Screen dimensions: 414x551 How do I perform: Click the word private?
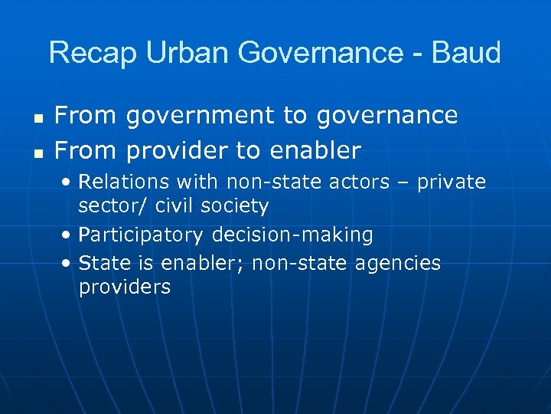pos(452,182)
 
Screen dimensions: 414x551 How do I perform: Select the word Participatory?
pos(141,235)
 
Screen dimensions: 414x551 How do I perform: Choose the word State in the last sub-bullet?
pos(103,264)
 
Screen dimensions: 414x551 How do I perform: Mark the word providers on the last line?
pos(125,287)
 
